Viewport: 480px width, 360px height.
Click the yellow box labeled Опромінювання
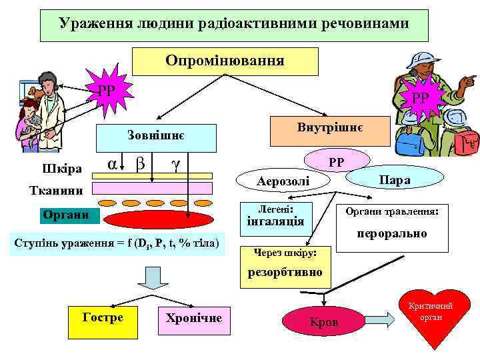(x=225, y=61)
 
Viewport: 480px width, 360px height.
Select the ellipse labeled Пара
(x=395, y=180)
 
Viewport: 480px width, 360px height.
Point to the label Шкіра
(x=61, y=167)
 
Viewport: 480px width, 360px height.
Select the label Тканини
(x=51, y=191)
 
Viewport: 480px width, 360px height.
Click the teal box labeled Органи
(x=69, y=215)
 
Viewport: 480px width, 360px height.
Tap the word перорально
(x=391, y=234)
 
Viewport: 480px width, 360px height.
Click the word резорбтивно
(x=284, y=272)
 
